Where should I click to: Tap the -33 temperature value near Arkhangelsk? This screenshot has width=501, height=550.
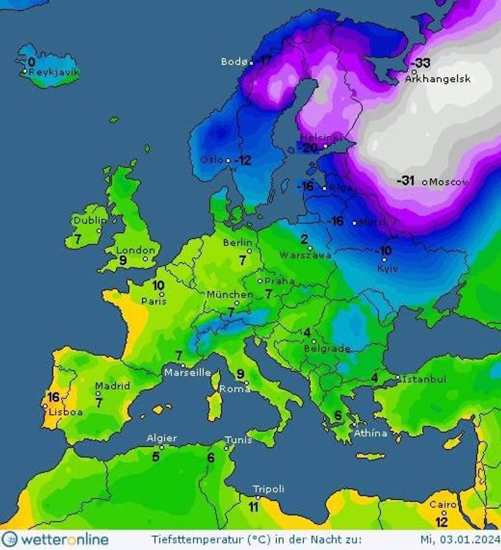point(422,63)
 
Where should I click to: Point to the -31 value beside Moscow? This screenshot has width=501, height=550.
point(406,180)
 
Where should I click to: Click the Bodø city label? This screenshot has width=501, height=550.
point(234,62)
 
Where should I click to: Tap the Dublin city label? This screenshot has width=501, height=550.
point(90,221)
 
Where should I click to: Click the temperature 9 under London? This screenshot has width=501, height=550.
point(123,260)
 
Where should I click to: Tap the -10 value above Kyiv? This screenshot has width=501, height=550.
point(384,251)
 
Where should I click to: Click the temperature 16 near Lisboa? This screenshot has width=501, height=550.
point(53,396)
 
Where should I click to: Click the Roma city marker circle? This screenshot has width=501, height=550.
point(247,384)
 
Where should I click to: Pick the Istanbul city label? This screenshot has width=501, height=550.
point(424,379)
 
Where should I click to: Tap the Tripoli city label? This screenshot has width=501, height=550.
point(269,488)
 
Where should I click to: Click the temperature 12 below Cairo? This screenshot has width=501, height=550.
point(441,522)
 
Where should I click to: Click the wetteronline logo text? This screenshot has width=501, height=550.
point(64,540)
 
